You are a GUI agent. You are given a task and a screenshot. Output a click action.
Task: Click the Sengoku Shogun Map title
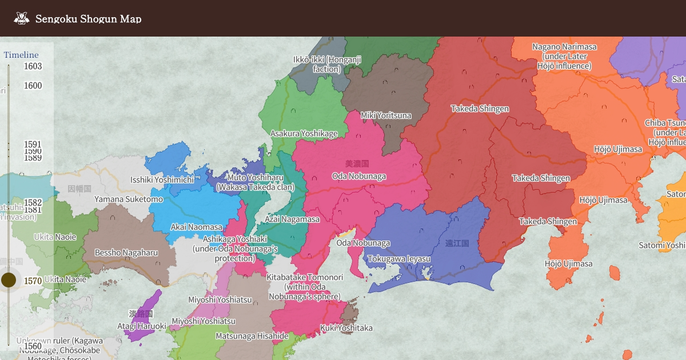point(88,19)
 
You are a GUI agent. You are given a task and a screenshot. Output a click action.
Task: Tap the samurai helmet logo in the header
point(22,19)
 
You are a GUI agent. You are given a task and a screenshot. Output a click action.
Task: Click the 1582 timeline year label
point(33,202)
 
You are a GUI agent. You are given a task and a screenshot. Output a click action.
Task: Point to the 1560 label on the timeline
point(33,346)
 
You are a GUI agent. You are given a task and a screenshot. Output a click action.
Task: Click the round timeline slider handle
point(9,280)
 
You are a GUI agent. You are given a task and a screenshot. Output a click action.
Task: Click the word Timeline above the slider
point(21,55)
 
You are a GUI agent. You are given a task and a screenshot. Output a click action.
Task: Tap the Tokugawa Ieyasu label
point(398,259)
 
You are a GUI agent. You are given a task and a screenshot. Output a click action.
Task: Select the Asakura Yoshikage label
point(304,134)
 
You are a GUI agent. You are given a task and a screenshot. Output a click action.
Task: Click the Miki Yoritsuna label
point(386,115)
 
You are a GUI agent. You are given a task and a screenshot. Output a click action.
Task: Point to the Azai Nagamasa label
point(292,219)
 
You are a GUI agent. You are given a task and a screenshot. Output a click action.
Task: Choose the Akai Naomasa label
point(197,227)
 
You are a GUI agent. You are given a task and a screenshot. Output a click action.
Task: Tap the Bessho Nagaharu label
point(126,253)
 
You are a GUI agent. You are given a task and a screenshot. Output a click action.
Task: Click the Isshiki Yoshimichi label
point(162,180)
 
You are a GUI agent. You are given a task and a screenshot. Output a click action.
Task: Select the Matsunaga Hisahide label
point(252,336)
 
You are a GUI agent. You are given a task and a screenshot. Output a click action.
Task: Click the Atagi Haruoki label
point(142,326)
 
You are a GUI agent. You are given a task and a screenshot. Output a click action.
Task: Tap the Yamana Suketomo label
point(129,199)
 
